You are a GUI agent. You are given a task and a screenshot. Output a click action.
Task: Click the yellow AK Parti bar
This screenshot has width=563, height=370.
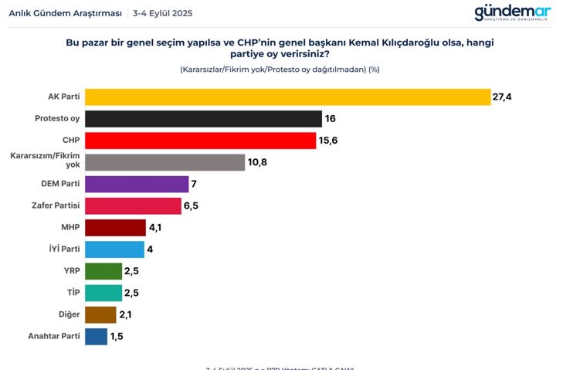tap(287, 97)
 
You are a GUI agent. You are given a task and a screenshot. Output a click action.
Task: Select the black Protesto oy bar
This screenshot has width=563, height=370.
tap(203, 118)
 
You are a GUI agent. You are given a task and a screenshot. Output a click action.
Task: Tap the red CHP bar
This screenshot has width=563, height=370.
tap(200, 140)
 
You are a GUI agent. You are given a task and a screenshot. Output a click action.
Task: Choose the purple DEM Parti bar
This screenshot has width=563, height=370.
tap(137, 184)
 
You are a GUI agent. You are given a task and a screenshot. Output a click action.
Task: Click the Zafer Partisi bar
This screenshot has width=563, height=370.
tap(133, 205)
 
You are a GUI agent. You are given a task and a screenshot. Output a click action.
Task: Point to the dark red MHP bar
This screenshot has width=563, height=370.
tap(115, 227)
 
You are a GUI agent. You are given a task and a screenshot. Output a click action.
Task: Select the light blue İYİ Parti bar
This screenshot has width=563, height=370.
tap(114, 249)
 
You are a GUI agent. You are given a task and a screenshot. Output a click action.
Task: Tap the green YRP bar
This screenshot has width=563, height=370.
tap(103, 271)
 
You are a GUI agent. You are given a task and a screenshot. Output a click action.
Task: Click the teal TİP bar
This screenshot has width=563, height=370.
tap(103, 293)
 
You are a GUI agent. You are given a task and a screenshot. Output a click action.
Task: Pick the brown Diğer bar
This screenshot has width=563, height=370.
tap(100, 314)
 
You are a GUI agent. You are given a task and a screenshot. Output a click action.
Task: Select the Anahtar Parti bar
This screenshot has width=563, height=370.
tap(97, 337)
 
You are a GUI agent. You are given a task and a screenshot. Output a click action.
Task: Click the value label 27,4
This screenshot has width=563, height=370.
tap(504, 97)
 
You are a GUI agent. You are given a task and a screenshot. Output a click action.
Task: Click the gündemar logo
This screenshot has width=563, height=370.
tap(512, 13)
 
